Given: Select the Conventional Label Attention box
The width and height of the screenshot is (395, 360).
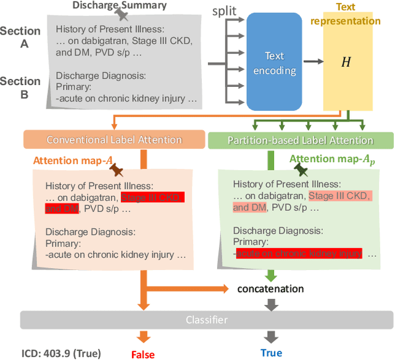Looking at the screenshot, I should click(x=115, y=140).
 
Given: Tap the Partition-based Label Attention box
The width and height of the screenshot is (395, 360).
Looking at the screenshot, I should click(x=300, y=140).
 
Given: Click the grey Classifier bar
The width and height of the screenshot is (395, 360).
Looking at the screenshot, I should click(x=207, y=320).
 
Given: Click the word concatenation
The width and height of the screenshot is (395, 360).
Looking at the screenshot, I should click(x=271, y=288).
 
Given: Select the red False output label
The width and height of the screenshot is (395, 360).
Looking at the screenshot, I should click(x=143, y=354).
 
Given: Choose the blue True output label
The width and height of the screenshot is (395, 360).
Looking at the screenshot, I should click(x=271, y=353).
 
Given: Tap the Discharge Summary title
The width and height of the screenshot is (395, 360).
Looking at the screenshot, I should click(x=120, y=6).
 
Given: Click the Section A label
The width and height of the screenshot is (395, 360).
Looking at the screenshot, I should click(x=20, y=36).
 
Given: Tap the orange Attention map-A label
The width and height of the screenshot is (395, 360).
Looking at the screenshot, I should click(x=73, y=160).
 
